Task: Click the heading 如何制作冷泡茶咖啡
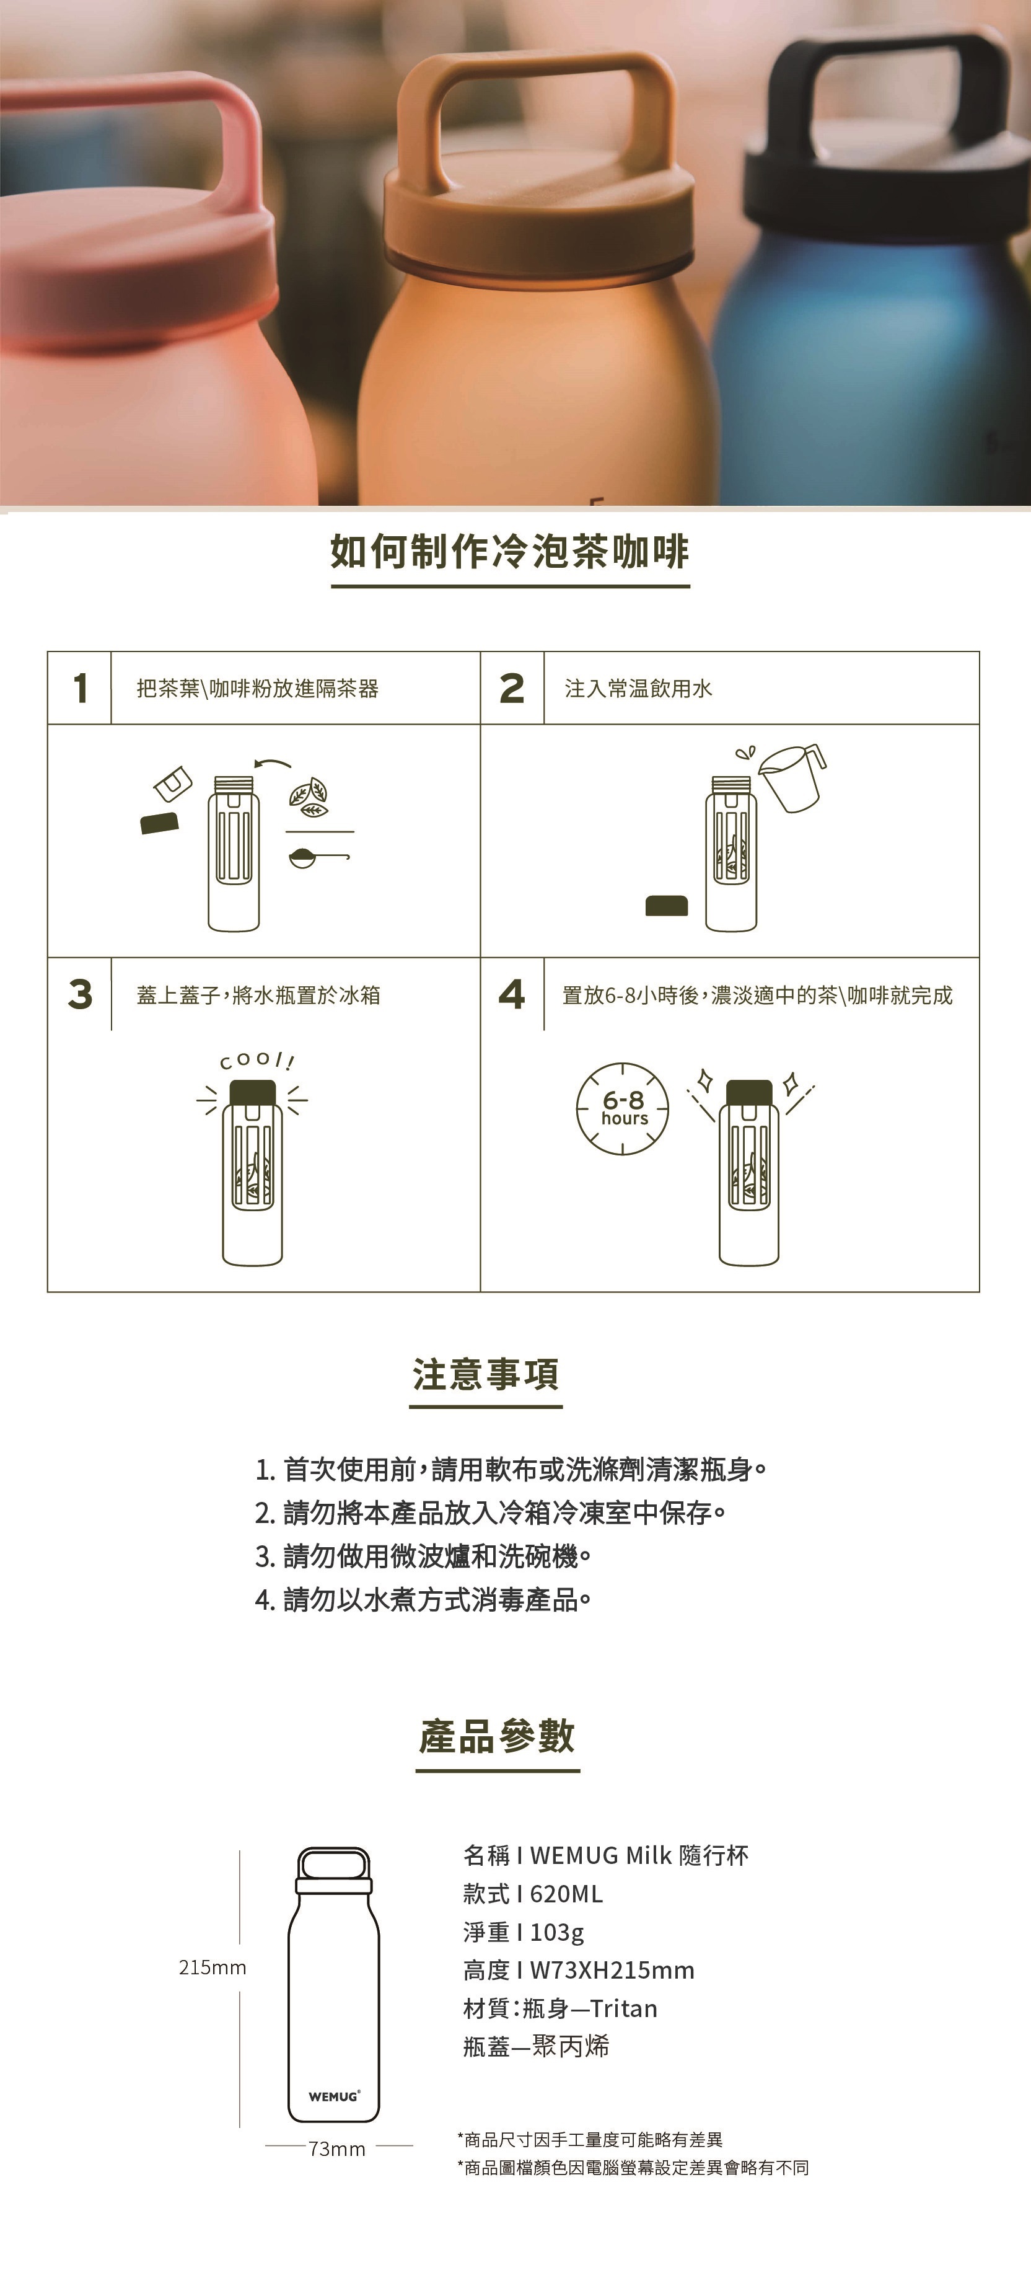[510, 552]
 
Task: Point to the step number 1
[80, 688]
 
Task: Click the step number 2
[512, 688]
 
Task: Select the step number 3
[80, 994]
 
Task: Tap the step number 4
[512, 994]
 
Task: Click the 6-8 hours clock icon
[623, 1108]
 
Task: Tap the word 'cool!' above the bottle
[257, 1061]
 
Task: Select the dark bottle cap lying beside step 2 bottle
[667, 906]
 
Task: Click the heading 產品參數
[498, 1736]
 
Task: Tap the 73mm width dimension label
[337, 2149]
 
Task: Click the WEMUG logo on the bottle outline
[334, 2096]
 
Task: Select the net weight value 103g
[557, 1932]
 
